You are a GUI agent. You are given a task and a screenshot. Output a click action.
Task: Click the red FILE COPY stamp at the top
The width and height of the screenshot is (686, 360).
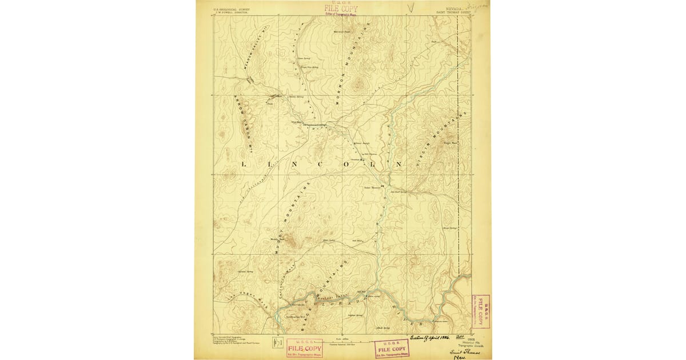[x=341, y=9]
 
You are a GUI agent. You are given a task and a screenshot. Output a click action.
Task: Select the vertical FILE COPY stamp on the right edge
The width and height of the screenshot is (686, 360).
[x=480, y=311]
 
